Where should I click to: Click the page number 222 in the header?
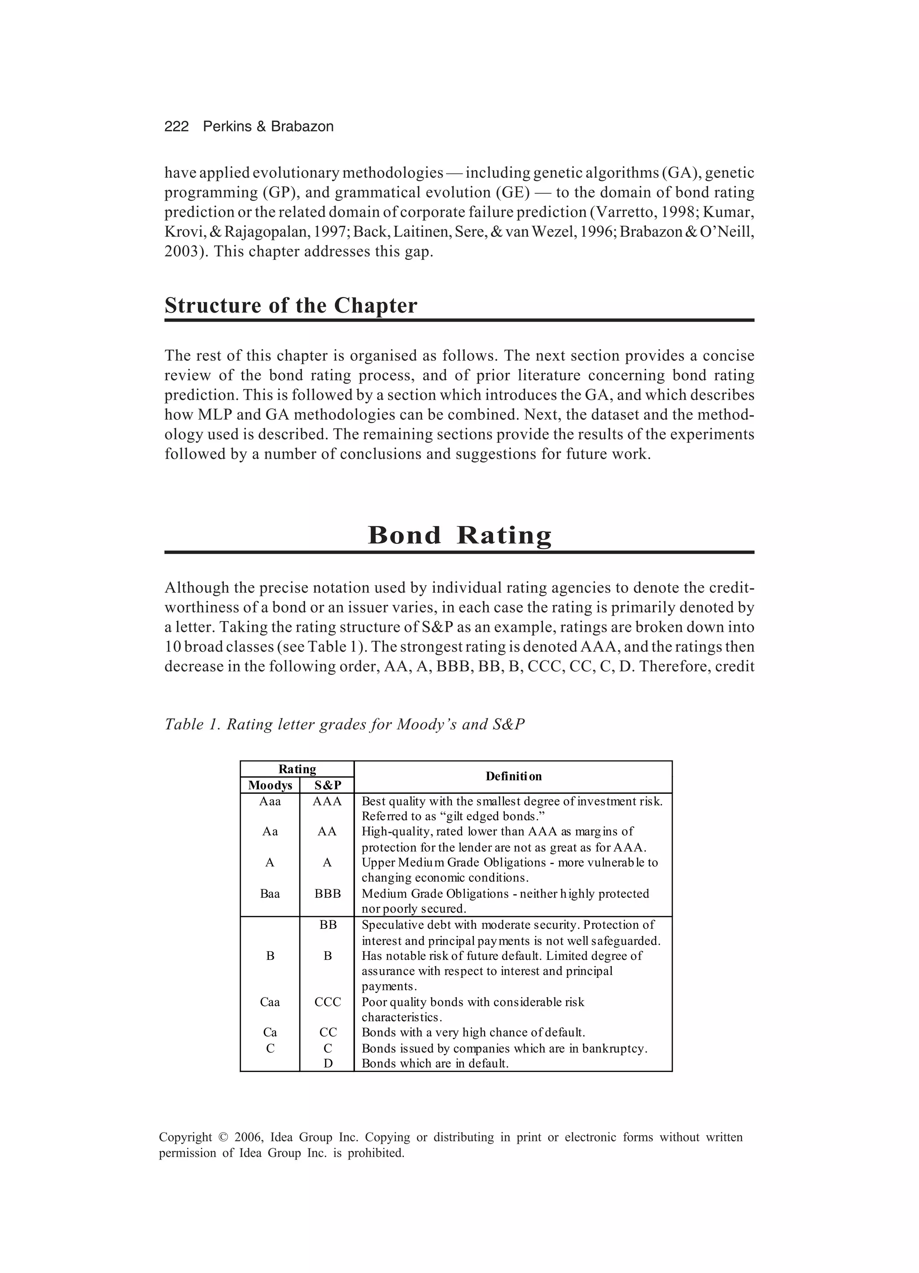176,127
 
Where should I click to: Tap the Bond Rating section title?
459,535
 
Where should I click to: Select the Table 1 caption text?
344,725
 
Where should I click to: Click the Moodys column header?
270,785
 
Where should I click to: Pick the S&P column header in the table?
327,785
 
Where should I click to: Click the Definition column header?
513,777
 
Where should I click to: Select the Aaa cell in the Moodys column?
270,801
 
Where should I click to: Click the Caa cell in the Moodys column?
270,1002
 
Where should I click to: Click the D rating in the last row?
328,1063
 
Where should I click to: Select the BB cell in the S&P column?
328,925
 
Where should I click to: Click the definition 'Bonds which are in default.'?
435,1063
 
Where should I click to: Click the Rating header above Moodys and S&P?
297,770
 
